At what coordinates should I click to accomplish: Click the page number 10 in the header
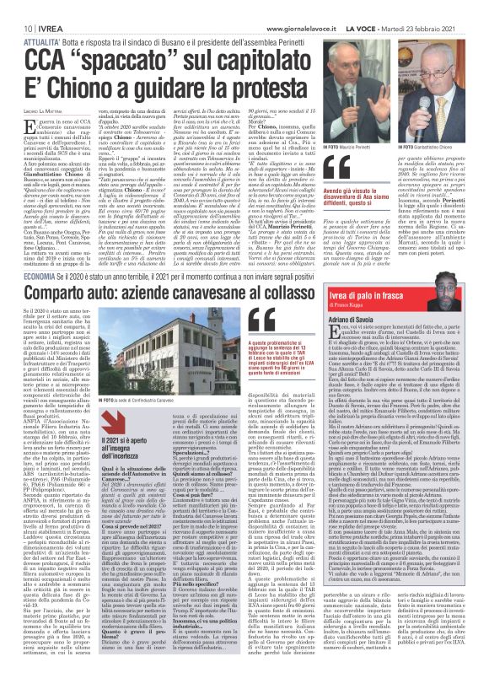click(x=16, y=8)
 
